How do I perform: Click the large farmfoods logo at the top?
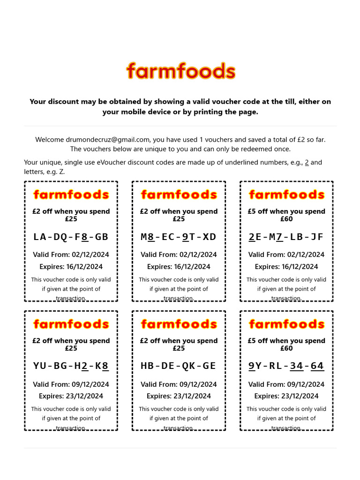coord(180,72)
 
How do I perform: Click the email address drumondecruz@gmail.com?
coord(108,140)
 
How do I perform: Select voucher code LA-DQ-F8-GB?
coord(71,237)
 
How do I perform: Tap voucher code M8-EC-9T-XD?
coord(179,237)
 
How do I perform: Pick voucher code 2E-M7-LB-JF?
coord(286,237)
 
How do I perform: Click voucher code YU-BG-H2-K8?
coord(71,366)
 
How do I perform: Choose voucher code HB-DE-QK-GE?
coord(179,366)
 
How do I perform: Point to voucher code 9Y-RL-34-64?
coord(286,366)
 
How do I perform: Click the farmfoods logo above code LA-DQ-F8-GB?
coord(71,195)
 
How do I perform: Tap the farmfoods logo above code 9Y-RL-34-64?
coord(286,324)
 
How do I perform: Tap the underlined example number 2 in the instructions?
coord(307,163)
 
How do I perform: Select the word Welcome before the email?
coord(50,140)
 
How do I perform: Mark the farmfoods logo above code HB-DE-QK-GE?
coord(179,324)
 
